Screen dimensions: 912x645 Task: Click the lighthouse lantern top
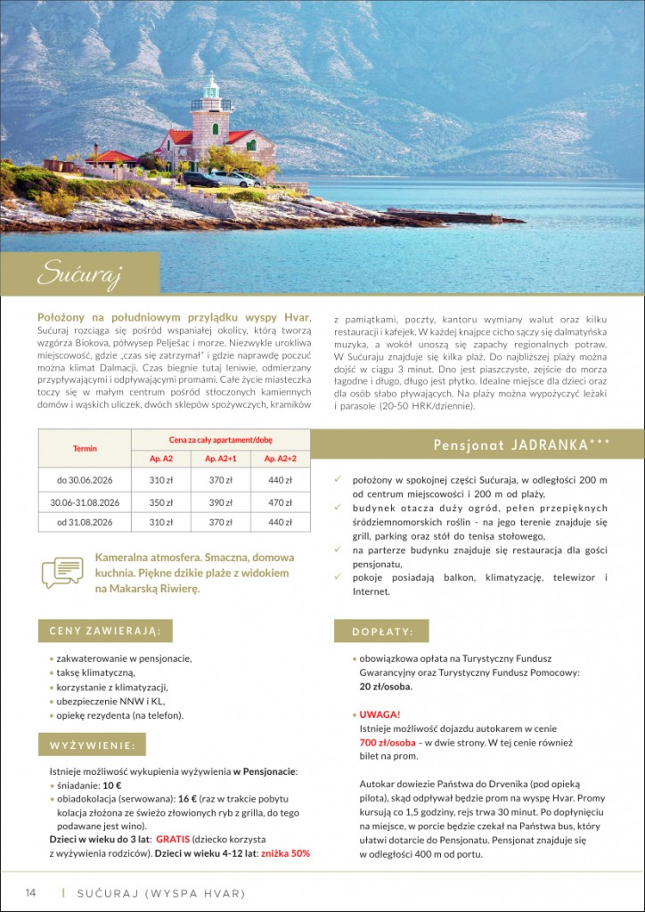pos(211,87)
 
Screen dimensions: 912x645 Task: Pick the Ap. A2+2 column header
pos(281,459)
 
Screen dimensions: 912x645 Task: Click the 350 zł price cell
pos(161,502)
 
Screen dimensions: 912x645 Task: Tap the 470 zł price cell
pos(281,502)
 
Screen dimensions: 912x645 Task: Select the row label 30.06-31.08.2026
pos(85,502)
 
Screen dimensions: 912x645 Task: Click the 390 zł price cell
pos(221,502)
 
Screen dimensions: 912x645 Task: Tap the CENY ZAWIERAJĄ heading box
pos(105,631)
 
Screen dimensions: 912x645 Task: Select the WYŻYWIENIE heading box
pos(92,745)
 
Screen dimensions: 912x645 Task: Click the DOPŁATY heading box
pos(382,631)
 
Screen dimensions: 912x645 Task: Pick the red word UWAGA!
pos(380,714)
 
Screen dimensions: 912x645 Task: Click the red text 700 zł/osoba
pos(388,743)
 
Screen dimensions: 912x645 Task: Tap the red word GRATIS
pos(174,839)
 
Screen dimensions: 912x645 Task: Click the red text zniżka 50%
pos(285,853)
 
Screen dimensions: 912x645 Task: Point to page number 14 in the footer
pos(30,892)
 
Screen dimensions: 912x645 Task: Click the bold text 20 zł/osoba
pos(386,688)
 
